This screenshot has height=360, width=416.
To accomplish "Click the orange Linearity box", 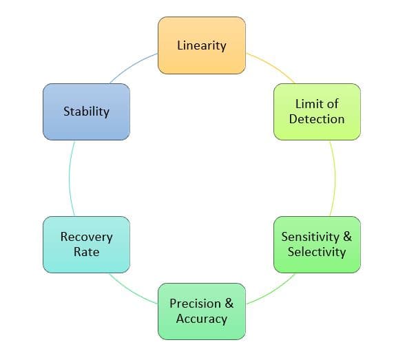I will pyautogui.click(x=202, y=45).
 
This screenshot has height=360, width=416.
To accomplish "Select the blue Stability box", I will pyautogui.click(x=86, y=112).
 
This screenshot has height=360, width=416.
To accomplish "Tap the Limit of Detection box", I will pyautogui.click(x=317, y=112).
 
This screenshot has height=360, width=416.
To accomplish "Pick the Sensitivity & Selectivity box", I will pyautogui.click(x=317, y=244).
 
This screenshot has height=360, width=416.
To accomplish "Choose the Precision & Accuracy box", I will pyautogui.click(x=202, y=311).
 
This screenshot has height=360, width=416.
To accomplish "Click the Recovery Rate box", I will pyautogui.click(x=86, y=244).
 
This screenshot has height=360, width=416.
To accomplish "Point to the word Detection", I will pyautogui.click(x=317, y=119).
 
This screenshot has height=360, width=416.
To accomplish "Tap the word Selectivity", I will pyautogui.click(x=317, y=252).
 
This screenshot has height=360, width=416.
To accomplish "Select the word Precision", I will pyautogui.click(x=196, y=304).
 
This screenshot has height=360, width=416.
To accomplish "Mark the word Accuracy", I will pyautogui.click(x=202, y=319).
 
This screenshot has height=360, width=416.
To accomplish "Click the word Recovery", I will pyautogui.click(x=86, y=237).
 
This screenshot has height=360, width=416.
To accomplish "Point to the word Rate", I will pyautogui.click(x=86, y=252).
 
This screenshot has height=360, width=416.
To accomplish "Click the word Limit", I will pyautogui.click(x=307, y=104).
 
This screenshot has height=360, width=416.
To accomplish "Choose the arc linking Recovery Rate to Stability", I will pyautogui.click(x=69, y=178).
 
